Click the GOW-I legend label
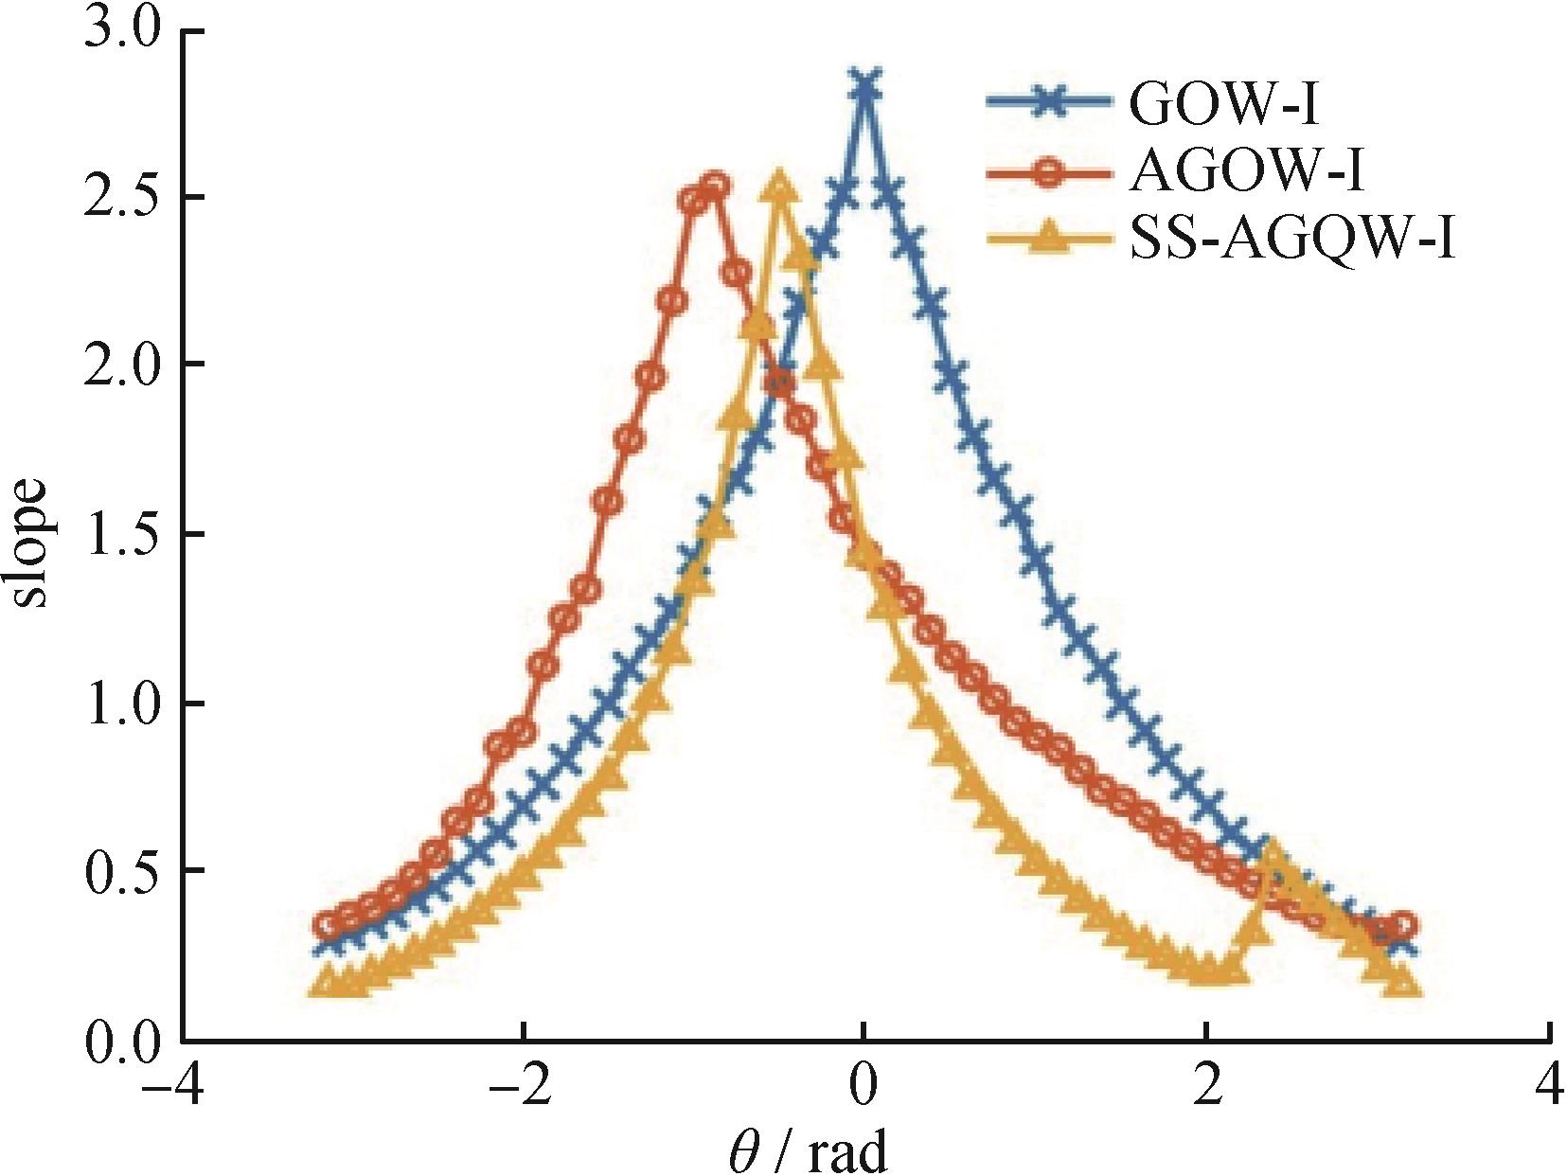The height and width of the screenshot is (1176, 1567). click(x=1223, y=105)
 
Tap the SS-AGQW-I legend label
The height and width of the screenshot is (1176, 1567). click(x=1291, y=241)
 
